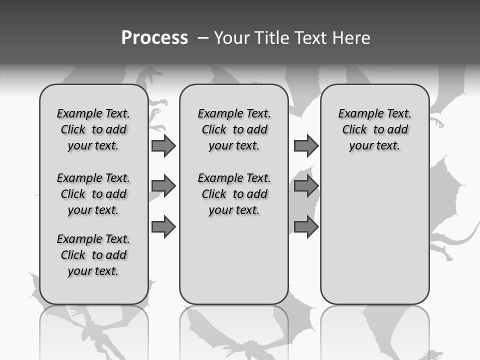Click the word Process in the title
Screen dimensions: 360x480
[x=154, y=38]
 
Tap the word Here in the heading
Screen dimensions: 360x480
[x=351, y=38]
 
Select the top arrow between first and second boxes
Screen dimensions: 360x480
[x=163, y=146]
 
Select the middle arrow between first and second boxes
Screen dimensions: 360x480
[x=163, y=186]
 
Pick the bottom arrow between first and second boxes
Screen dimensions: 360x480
[x=163, y=227]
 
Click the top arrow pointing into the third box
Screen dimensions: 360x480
[x=306, y=146]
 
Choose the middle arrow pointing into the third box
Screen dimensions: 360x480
[x=306, y=186]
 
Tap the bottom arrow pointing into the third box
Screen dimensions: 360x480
[x=306, y=227]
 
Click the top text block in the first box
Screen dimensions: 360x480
[x=93, y=129]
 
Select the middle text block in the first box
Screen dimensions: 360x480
[x=93, y=194]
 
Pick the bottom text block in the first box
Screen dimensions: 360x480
[x=93, y=255]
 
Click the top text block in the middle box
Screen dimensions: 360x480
[x=234, y=129]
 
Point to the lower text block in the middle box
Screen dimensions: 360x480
[x=234, y=194]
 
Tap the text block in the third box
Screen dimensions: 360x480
[x=374, y=129]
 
